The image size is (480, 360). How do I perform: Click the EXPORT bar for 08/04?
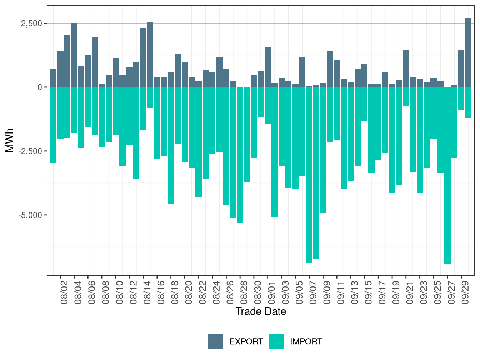(74, 55)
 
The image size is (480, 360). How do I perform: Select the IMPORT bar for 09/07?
(309, 175)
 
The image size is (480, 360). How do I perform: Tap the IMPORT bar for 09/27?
(447, 175)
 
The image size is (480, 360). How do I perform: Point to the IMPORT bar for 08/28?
(240, 155)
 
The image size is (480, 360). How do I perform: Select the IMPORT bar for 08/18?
(171, 145)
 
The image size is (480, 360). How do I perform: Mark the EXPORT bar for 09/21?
(406, 69)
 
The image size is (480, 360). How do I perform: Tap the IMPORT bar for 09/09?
(323, 150)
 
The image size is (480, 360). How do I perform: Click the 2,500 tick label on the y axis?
(31, 23)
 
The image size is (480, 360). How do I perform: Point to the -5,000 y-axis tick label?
(30, 215)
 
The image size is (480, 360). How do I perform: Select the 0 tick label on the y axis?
(40, 87)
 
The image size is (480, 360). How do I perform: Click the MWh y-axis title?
(10, 140)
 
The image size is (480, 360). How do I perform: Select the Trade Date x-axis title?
(261, 311)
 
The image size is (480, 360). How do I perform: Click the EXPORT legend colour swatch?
(216, 341)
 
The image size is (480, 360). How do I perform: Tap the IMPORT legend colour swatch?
(277, 341)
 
